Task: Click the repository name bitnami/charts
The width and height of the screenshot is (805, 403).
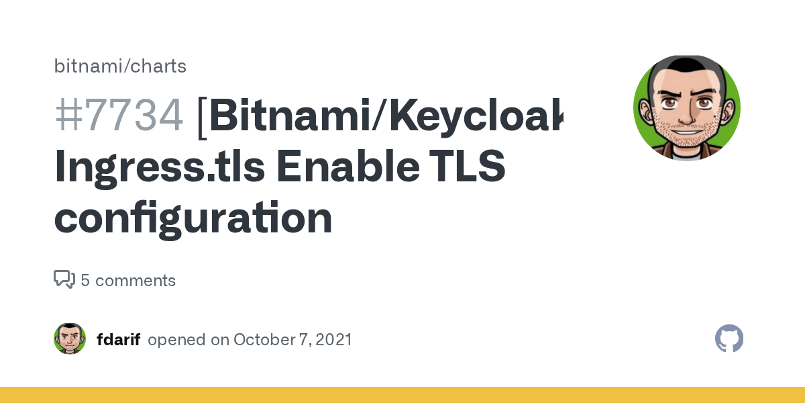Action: pyautogui.click(x=120, y=66)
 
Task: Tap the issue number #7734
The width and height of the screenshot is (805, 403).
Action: pyautogui.click(x=119, y=115)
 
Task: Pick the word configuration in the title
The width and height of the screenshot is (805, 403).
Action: pyautogui.click(x=193, y=218)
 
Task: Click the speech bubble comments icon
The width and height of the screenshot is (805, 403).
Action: pyautogui.click(x=64, y=279)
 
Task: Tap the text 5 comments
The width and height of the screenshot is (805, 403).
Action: pyautogui.click(x=128, y=281)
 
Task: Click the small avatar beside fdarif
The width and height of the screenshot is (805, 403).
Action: pyautogui.click(x=70, y=339)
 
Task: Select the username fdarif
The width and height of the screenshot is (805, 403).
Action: pyautogui.click(x=118, y=340)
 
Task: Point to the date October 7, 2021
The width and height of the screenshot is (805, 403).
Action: pyautogui.click(x=292, y=340)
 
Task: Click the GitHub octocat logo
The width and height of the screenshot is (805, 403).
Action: pyautogui.click(x=729, y=339)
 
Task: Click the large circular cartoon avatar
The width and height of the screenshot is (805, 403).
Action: pyautogui.click(x=686, y=108)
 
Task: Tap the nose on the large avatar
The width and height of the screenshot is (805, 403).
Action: pyautogui.click(x=687, y=120)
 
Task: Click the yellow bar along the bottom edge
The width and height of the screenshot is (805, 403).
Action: pyautogui.click(x=402, y=395)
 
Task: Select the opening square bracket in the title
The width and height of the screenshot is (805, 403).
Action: pyautogui.click(x=202, y=115)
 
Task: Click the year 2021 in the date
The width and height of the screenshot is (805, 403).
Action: pyautogui.click(x=333, y=340)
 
